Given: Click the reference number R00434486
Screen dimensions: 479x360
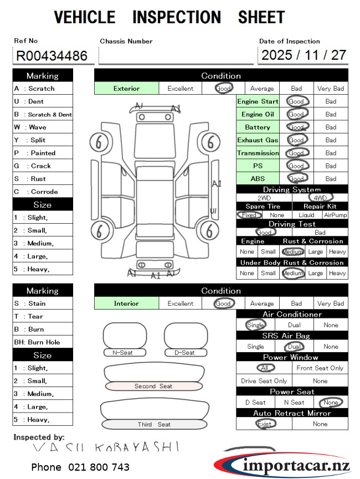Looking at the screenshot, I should pos(52,55).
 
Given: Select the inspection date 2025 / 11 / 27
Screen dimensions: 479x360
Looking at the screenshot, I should pos(304,55).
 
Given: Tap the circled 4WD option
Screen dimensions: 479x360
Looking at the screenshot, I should pos(320,198).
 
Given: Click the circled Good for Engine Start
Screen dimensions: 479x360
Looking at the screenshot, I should pos(296,101).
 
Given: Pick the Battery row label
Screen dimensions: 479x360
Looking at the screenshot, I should pos(258,127).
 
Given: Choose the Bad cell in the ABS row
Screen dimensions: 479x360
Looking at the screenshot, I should pos(331,178).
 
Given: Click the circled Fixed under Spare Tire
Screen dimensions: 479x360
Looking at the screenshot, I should pos(249,215).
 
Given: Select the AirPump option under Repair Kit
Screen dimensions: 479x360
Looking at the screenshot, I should pos(336,215).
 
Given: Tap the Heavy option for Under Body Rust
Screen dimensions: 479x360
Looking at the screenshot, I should pos(337,273).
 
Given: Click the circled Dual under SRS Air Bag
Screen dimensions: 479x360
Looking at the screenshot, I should pos(294,347).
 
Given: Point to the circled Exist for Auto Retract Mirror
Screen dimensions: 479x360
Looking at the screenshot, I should pos(265,424).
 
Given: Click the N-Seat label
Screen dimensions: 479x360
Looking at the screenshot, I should pos(122,352).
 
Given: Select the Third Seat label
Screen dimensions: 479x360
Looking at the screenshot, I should pos(154,424).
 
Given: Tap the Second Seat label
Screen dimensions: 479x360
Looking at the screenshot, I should pos(153,386).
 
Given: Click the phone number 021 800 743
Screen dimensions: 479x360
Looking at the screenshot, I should pos(80,467).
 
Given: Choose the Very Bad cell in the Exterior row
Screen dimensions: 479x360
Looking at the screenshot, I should pos(331,88).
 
